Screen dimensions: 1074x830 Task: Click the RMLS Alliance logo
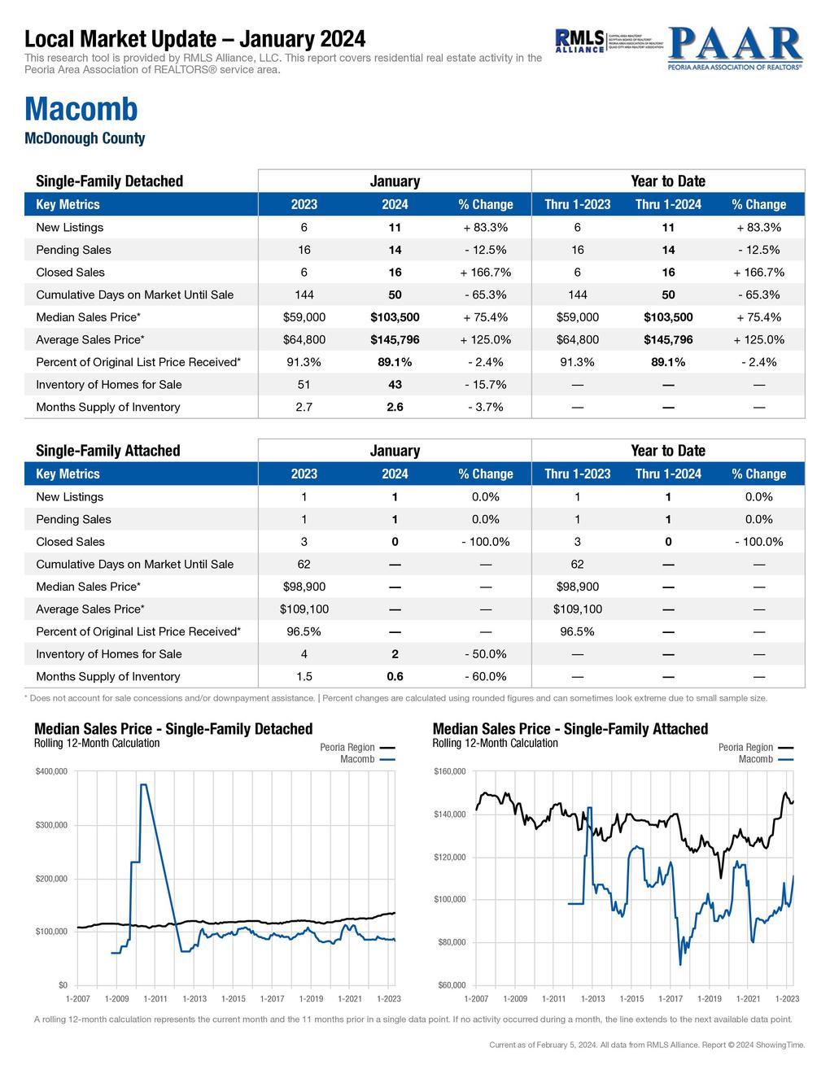579,41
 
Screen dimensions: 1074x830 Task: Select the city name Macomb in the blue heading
81,109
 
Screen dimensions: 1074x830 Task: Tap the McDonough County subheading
85,138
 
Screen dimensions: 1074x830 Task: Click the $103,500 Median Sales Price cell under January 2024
395,317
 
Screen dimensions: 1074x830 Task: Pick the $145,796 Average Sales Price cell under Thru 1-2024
668,340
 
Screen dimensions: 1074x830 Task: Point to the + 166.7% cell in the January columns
485,273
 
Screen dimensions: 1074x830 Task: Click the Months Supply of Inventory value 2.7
304,407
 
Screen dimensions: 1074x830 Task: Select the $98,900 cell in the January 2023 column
304,587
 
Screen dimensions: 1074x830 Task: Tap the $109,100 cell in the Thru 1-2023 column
577,609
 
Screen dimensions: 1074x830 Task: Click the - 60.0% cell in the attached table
485,677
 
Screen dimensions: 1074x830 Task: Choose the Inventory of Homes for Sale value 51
304,385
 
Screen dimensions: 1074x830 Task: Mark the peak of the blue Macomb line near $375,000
144,785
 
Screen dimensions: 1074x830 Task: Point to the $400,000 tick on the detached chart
51,771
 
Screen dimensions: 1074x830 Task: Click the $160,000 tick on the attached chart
449,771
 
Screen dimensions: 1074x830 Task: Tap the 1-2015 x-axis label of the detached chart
233,998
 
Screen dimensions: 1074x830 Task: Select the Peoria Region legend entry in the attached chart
746,748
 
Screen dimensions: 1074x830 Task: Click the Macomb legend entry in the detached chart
357,759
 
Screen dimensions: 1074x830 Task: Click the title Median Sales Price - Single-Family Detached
173,729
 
